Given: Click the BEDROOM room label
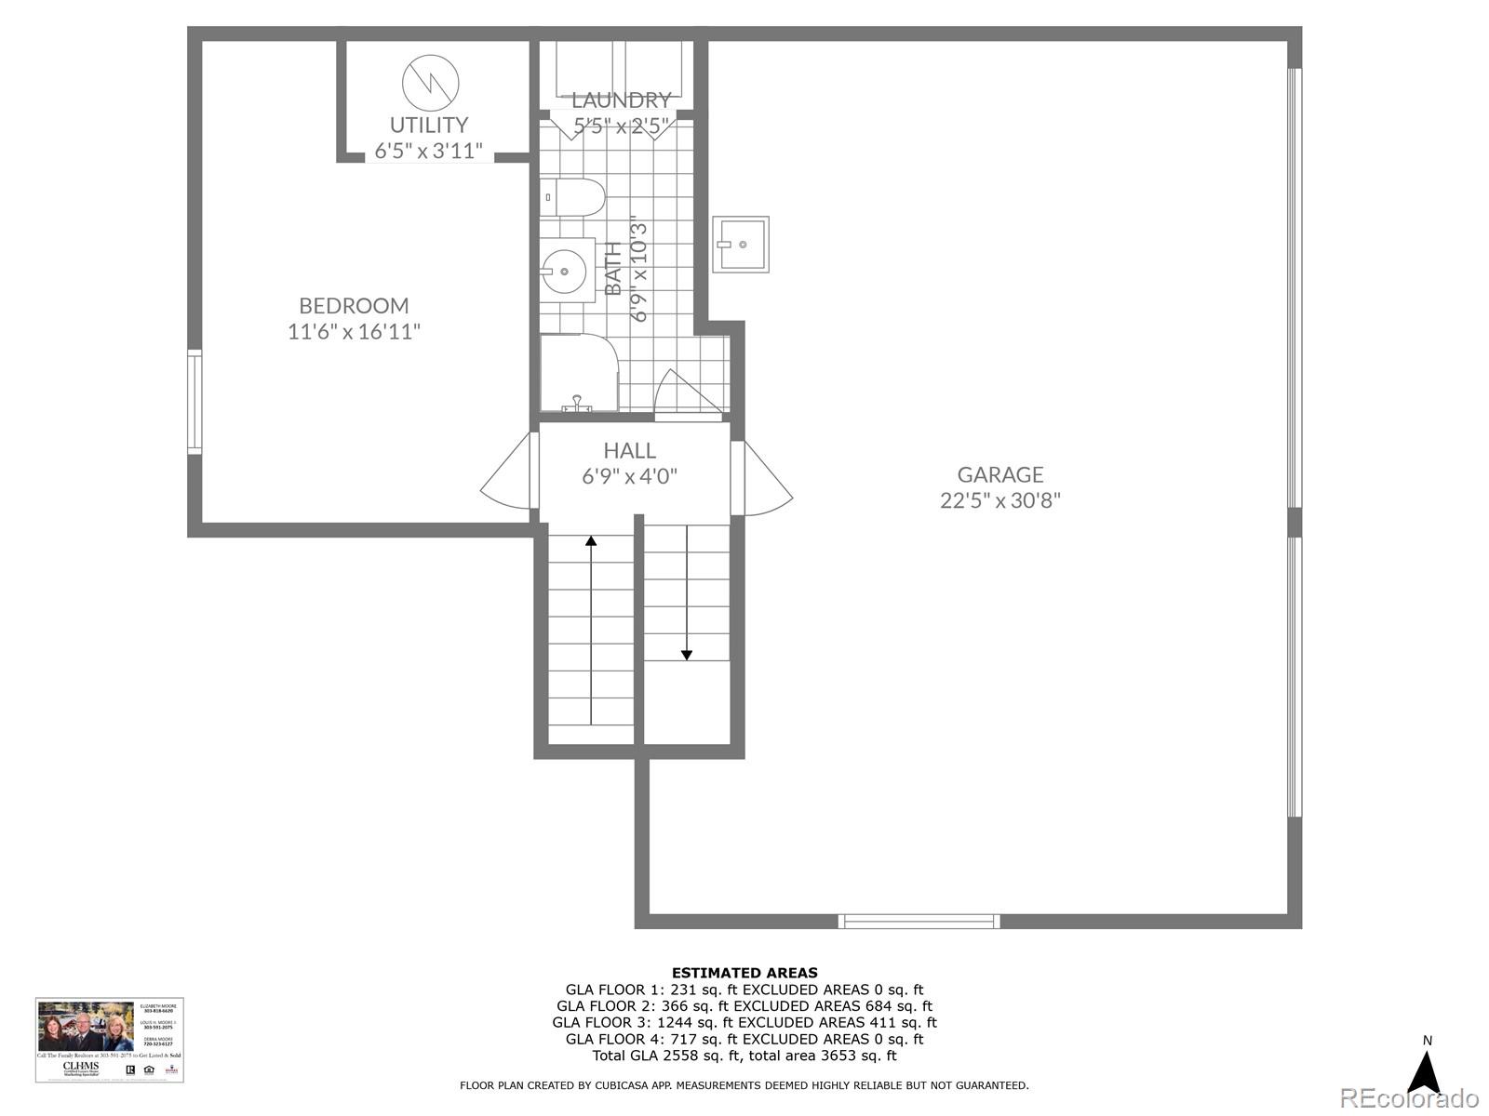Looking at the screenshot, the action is coord(354,306).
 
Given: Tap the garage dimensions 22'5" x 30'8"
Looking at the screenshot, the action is coord(1000,500).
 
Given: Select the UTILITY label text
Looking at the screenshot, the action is coord(428,125).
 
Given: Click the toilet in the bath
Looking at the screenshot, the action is coord(573,197).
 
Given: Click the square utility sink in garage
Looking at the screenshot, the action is coord(741,245).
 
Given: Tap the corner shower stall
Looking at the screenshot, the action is coord(577,372).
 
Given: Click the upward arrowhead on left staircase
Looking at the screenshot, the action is coord(591,540).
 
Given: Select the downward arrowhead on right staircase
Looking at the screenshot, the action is coord(687,655).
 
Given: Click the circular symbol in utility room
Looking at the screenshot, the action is coord(430,82).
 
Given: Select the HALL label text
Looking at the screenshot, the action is coord(629,451).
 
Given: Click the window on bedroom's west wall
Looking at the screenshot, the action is coord(194,402).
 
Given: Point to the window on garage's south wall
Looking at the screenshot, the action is coord(919,921).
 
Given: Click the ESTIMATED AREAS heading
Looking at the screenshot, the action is coord(744,973).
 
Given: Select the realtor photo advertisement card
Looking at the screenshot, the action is coord(110,1040).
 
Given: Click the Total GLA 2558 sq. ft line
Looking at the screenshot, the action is coord(744,1056).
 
